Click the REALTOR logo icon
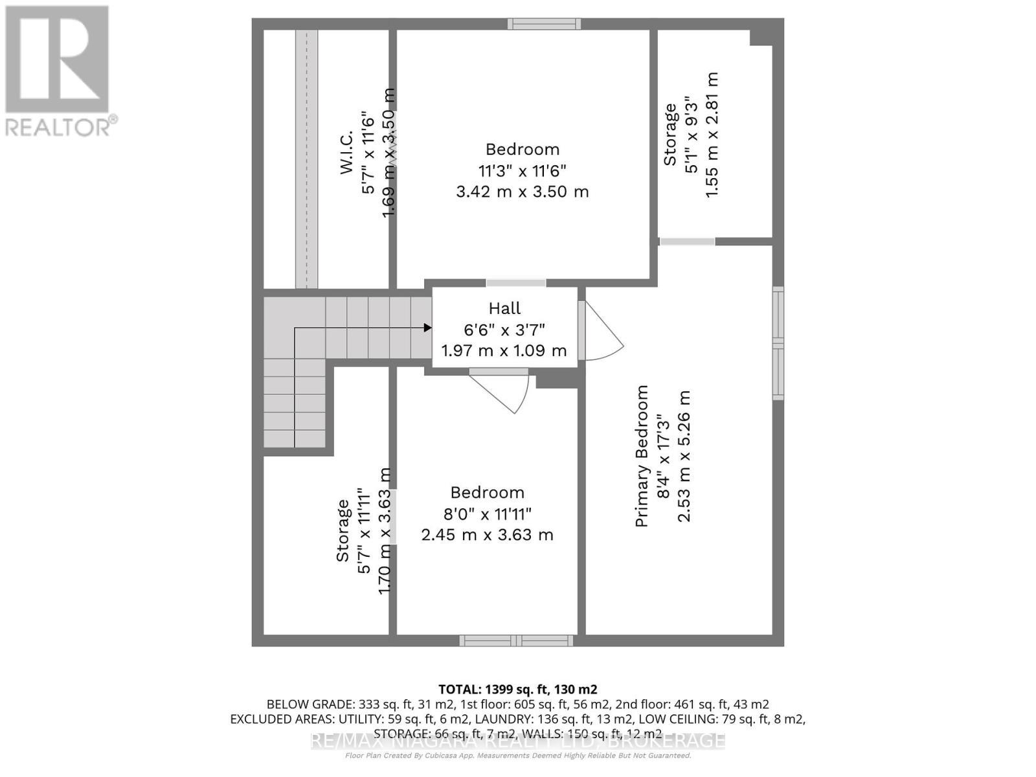57,60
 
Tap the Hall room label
504,309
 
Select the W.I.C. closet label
346,153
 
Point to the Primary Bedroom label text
642,456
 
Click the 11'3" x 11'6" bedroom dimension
522,171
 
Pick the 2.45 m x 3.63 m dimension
487,535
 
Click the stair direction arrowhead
427,328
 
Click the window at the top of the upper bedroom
544,24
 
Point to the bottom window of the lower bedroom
516,641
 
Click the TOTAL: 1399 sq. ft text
517,690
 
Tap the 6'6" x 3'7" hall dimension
504,330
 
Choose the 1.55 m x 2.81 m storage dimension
712,135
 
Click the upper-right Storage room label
670,135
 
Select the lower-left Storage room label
343,530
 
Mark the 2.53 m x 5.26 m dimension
684,456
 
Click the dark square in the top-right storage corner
761,36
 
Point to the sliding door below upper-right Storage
687,242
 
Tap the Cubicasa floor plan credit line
518,756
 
